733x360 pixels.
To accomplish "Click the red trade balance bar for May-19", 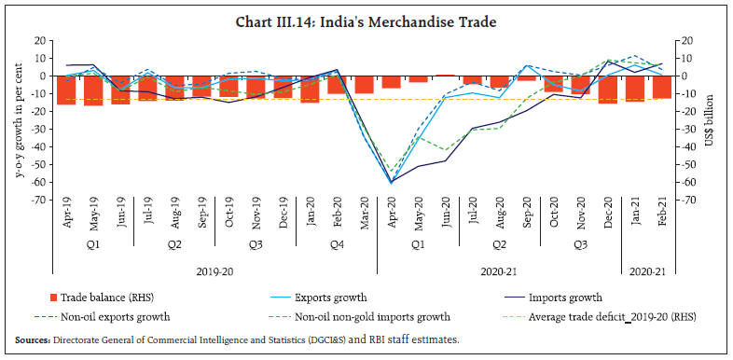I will pyautogui.click(x=93, y=90).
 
